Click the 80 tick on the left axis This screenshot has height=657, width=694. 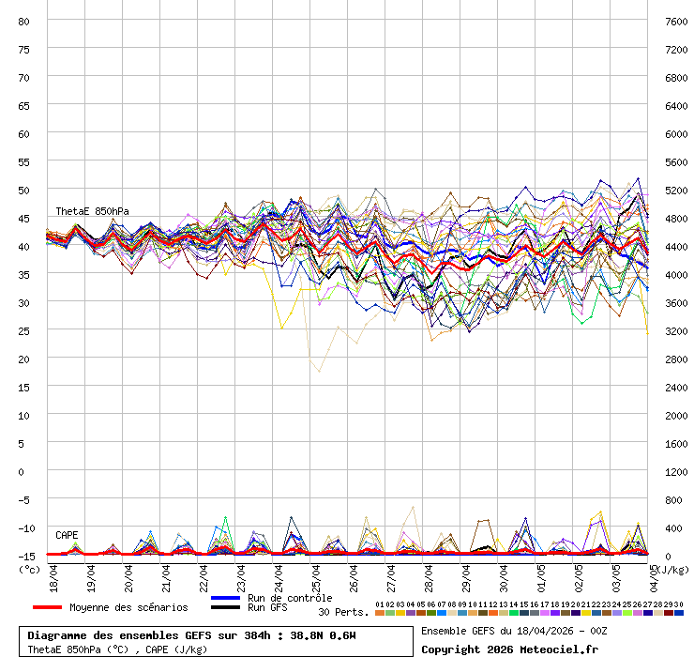(x=24, y=21)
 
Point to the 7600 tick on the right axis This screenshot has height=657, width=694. (x=676, y=21)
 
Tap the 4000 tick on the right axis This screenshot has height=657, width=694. (x=676, y=274)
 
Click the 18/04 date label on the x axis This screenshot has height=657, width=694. (x=53, y=577)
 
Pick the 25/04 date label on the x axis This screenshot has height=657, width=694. (x=316, y=577)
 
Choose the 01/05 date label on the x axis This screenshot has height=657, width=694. (x=541, y=577)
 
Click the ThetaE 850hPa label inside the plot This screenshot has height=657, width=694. (x=92, y=211)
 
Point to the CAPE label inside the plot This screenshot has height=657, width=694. (x=67, y=535)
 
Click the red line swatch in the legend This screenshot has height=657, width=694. (x=47, y=607)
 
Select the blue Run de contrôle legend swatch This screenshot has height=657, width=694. (x=226, y=598)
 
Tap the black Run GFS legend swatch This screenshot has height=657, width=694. (x=226, y=607)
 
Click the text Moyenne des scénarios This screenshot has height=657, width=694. (x=128, y=607)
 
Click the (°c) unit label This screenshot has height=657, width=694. (x=30, y=569)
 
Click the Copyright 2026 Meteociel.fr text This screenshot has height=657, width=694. (x=509, y=649)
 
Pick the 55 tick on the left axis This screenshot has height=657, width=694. (x=24, y=161)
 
